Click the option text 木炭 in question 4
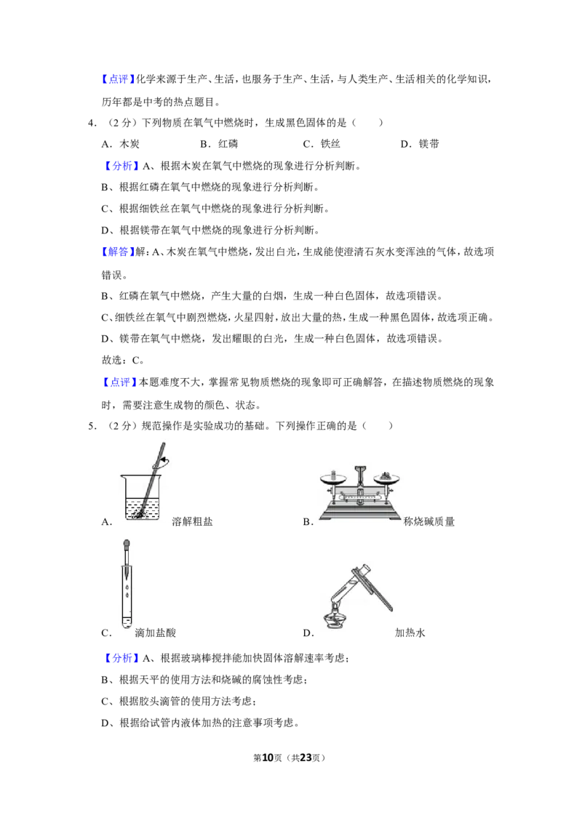point(129,144)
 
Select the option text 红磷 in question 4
point(228,144)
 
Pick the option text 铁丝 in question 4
point(330,144)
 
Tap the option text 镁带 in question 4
point(428,144)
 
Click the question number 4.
point(92,123)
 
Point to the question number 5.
point(92,425)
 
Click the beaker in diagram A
point(142,497)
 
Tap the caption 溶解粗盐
point(192,521)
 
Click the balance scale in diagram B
point(360,492)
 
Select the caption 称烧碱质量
point(428,521)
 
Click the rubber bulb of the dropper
point(126,544)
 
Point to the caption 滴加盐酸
point(155,633)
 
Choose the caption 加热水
point(410,633)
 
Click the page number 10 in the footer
point(268,758)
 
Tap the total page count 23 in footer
point(306,758)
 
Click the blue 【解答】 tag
point(118,252)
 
